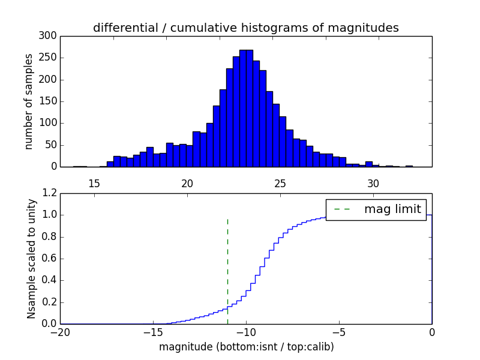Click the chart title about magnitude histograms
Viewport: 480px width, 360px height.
[245, 28]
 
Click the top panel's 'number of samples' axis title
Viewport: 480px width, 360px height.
[29, 101]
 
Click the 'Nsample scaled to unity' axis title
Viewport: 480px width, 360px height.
[31, 259]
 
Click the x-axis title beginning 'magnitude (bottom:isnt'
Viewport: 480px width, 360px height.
[246, 347]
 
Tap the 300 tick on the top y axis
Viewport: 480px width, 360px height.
[49, 36]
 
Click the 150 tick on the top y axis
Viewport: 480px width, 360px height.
[49, 101]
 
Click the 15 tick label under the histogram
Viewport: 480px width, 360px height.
[94, 183]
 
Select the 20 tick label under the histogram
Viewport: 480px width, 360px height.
[187, 183]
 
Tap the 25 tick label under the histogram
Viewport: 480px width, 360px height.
[280, 183]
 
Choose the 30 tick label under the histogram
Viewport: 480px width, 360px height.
[373, 183]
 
